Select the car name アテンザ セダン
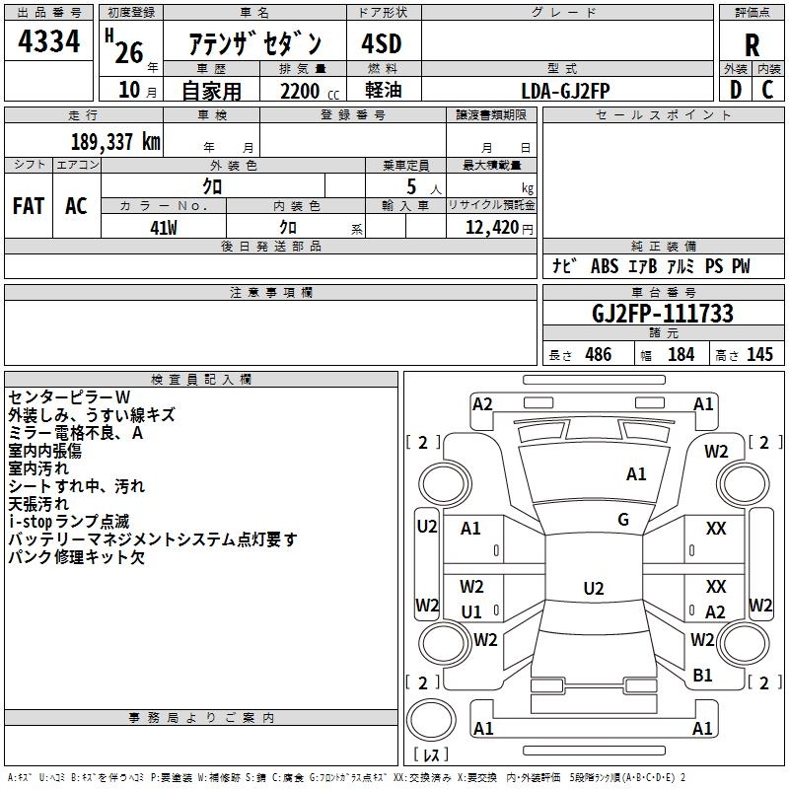tap(255, 42)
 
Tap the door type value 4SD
tap(383, 44)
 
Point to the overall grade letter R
tap(752, 45)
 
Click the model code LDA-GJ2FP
tap(566, 89)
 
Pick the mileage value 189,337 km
tap(115, 142)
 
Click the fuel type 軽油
tap(383, 90)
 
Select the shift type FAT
tap(28, 205)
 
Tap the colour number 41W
tap(163, 226)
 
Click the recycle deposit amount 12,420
tap(490, 227)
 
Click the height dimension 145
tap(759, 355)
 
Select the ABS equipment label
tap(604, 266)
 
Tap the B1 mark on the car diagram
tap(702, 675)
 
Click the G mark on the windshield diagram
tap(623, 520)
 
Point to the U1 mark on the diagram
tap(471, 611)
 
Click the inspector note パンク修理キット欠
tap(76, 557)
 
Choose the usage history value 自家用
tap(211, 90)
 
